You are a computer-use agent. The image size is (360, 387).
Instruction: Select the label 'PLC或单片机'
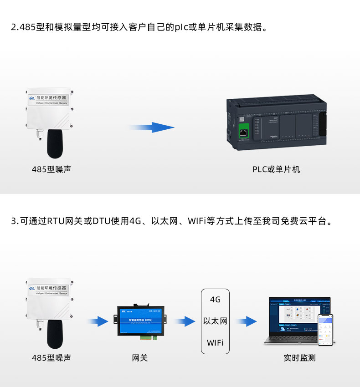[x=276, y=169]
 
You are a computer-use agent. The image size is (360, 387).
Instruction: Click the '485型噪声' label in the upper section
[x=51, y=169]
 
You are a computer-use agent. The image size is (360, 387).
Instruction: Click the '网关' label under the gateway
[x=139, y=358]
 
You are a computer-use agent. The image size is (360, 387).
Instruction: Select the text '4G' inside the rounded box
[x=215, y=300]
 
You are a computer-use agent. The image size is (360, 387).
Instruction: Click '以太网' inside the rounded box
[x=215, y=321]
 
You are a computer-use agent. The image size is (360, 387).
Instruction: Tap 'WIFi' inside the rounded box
[x=215, y=342]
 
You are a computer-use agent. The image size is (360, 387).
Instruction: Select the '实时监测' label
[x=299, y=358]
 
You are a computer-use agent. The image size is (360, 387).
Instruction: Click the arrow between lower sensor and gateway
[x=98, y=322]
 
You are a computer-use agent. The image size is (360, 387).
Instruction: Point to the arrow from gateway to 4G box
[x=184, y=322]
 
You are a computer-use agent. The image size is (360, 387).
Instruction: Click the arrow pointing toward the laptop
[x=246, y=322]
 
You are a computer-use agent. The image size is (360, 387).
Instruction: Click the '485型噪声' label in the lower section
[x=51, y=358]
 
